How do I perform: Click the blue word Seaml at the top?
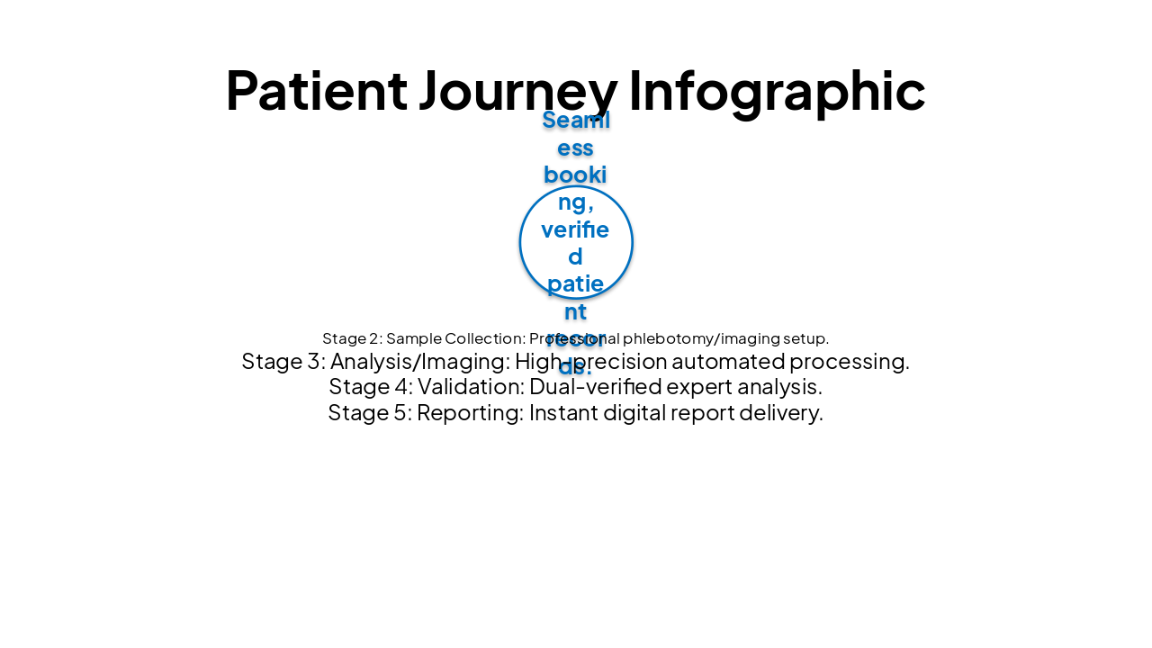(576, 120)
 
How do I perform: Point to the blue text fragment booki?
(575, 175)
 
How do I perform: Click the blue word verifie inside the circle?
(575, 229)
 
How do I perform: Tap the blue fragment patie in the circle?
(575, 284)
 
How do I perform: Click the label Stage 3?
(282, 362)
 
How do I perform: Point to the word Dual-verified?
(597, 387)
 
